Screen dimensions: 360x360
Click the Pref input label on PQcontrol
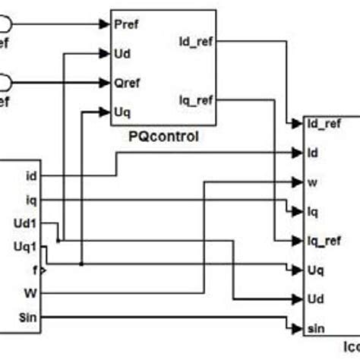coord(125,24)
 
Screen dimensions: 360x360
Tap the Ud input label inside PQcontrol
coord(121,53)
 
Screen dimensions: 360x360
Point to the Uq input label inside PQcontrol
coord(121,112)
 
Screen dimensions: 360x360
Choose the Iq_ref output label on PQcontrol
coord(195,98)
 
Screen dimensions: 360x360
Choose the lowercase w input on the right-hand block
coord(311,182)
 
